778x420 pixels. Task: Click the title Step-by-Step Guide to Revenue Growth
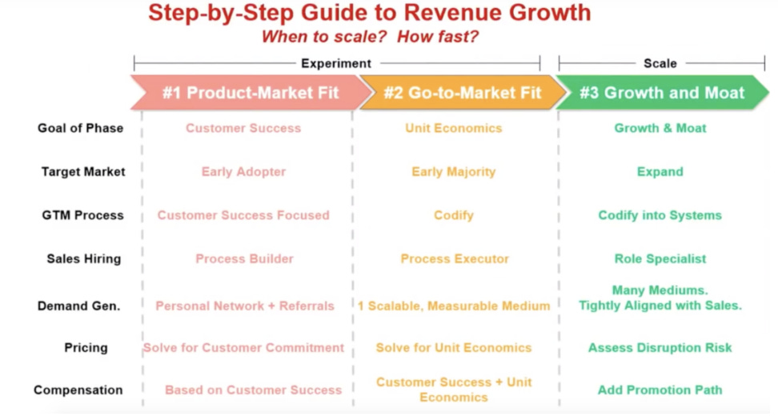pos(370,13)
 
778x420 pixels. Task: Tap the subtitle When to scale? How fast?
pos(370,37)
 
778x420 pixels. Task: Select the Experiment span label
pos(336,63)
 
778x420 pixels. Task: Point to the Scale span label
pos(660,63)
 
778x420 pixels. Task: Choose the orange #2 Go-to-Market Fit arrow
pos(463,92)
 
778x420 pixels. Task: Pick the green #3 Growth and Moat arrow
pos(662,92)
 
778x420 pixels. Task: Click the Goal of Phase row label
pos(80,128)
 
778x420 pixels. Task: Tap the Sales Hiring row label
pos(84,259)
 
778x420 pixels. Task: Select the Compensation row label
pos(78,390)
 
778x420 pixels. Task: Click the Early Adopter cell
pos(243,171)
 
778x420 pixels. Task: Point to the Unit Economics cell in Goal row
pos(454,128)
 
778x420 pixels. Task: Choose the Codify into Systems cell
pos(660,215)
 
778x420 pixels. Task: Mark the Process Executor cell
pos(455,259)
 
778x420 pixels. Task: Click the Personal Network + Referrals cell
pos(245,306)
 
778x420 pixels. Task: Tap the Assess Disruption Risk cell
pos(660,348)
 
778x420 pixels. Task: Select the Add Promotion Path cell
pos(660,390)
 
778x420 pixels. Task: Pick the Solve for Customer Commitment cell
pos(243,348)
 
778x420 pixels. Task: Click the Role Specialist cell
pos(660,259)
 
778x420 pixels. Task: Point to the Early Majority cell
pos(454,171)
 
